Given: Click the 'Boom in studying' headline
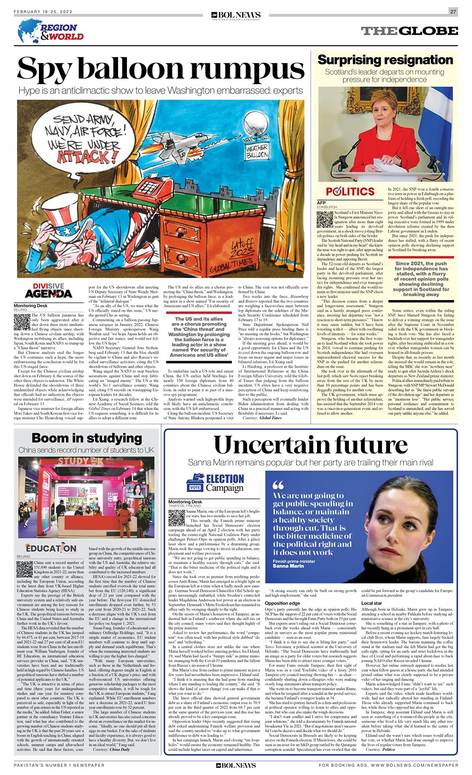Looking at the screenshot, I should [x=87, y=438].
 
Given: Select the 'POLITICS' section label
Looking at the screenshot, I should [x=350, y=192].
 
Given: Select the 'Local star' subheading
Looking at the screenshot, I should [x=372, y=602].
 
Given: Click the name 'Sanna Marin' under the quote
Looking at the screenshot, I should [x=288, y=566].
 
